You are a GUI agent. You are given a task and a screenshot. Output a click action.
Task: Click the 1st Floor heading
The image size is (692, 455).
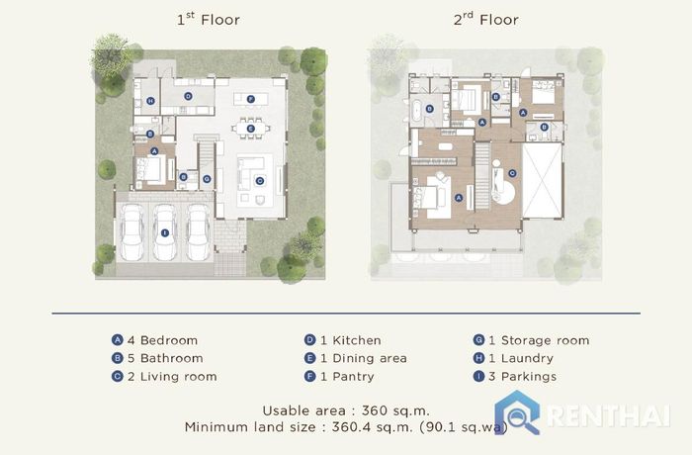coord(209,19)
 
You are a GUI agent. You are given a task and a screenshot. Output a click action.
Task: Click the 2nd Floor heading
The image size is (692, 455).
coord(486,19)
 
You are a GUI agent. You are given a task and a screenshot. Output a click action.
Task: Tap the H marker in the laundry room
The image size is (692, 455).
coord(150,101)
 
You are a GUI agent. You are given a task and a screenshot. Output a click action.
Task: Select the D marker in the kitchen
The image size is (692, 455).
coord(188,96)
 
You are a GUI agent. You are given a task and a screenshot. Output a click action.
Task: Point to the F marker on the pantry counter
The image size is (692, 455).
coord(251,99)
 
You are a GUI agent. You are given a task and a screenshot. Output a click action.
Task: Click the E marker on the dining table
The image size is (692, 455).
coord(250,129)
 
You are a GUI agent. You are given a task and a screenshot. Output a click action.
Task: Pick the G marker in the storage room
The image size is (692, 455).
coord(207,179)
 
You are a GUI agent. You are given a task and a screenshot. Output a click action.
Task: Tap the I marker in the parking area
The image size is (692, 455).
coord(165,232)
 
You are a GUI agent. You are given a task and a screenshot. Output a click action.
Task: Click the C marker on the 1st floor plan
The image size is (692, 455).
coord(259,180)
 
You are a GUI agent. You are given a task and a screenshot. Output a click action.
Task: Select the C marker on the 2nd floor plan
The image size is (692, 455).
coord(512,173)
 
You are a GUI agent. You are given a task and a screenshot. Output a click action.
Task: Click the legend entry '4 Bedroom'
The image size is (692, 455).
coord(154,340)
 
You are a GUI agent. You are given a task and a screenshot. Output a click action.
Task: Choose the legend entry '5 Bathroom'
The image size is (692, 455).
coord(157,358)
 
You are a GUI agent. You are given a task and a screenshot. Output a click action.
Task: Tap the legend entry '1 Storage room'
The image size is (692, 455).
coord(532,340)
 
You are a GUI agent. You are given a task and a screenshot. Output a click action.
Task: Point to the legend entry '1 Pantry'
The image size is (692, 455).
coord(339,377)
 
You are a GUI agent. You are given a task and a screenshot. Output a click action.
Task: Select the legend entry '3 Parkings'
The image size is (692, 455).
coord(515,377)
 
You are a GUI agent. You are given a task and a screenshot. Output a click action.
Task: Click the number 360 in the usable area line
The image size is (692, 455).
coord(375,410)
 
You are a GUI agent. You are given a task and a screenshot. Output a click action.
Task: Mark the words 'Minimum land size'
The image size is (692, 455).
coord(250,427)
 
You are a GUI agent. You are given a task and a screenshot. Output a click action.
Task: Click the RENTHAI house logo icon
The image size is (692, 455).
coord(517,411)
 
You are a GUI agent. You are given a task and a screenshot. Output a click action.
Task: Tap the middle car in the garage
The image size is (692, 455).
coord(165,232)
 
